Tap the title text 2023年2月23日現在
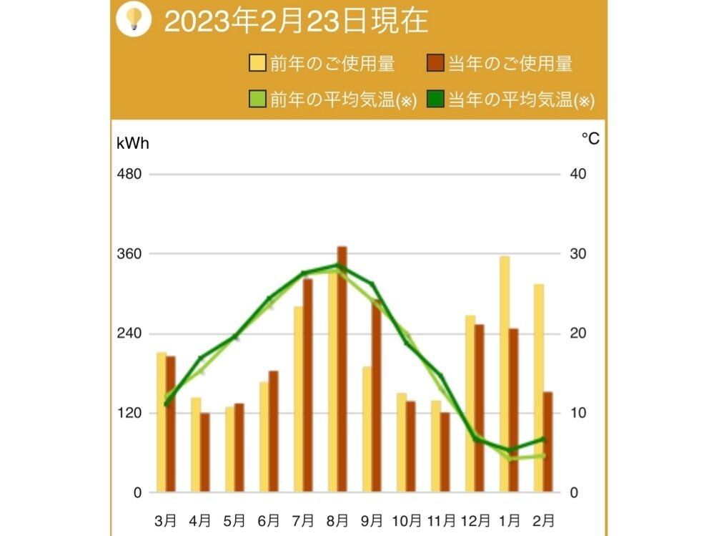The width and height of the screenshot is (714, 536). (x=296, y=21)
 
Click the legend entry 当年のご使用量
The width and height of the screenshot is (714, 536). (x=500, y=64)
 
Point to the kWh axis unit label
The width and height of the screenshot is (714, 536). (x=133, y=142)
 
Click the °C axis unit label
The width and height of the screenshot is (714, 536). (x=590, y=139)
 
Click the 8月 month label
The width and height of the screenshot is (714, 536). (x=337, y=519)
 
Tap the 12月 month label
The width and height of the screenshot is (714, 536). (x=475, y=519)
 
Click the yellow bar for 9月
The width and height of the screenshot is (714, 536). (x=367, y=429)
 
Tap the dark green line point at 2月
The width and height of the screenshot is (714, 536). (x=543, y=439)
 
